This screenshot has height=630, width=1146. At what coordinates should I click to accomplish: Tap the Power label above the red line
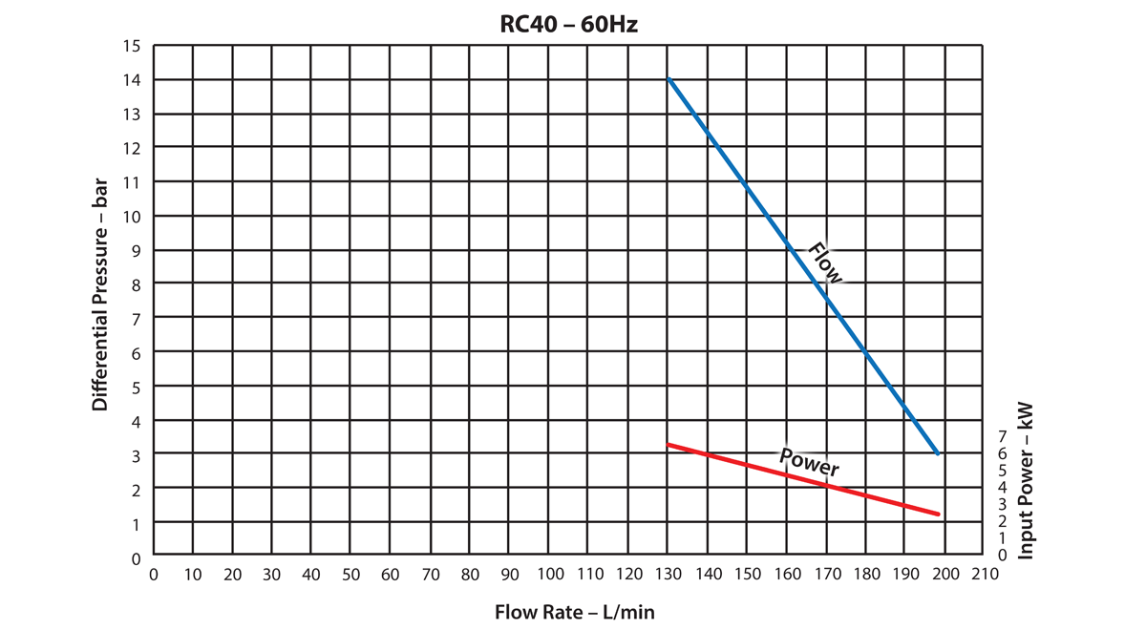[x=809, y=462]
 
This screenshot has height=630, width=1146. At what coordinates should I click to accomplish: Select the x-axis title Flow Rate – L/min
[x=574, y=611]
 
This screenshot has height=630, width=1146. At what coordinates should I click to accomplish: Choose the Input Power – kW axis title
[x=1028, y=479]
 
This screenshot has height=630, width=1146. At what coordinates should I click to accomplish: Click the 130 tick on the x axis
[x=668, y=575]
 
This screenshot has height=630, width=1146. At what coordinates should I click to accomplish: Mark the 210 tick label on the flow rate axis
[x=985, y=575]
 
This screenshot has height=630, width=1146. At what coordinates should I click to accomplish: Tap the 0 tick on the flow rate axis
[x=154, y=575]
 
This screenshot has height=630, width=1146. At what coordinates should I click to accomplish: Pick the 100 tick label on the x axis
[x=549, y=575]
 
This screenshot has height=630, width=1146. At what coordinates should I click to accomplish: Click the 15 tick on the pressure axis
[x=133, y=45]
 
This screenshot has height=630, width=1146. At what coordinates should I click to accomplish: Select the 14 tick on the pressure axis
[x=133, y=79]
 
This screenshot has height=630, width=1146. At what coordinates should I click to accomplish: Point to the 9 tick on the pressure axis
[x=136, y=250]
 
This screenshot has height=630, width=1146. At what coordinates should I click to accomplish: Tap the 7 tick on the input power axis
[x=1001, y=435]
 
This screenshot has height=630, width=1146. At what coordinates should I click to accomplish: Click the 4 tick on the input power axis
[x=1001, y=487]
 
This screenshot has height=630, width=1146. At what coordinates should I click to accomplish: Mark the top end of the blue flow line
[x=668, y=79]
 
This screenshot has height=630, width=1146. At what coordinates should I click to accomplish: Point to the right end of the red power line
[x=939, y=514]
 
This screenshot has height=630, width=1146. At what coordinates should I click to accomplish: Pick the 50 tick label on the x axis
[x=350, y=575]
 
